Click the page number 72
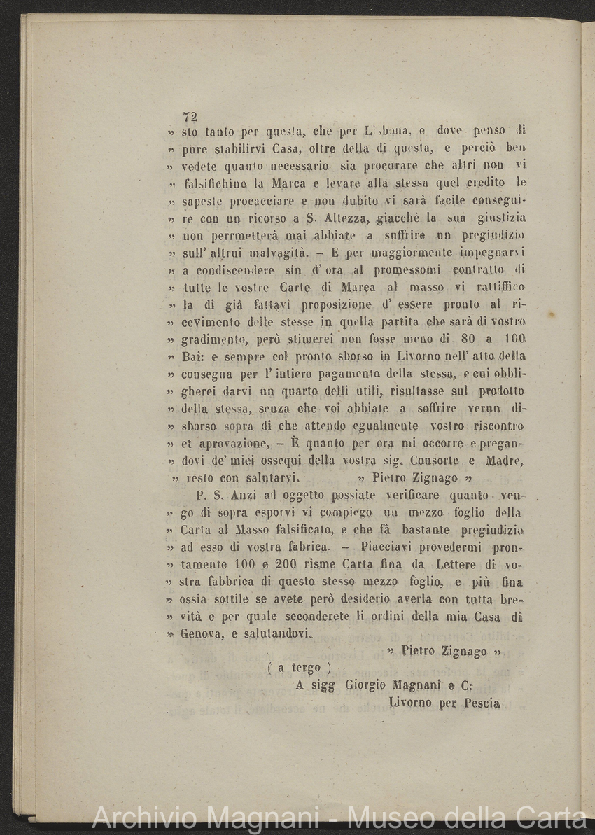[190, 117]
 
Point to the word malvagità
[273, 252]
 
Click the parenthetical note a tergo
[300, 668]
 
